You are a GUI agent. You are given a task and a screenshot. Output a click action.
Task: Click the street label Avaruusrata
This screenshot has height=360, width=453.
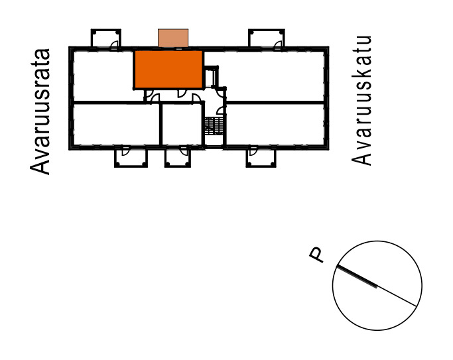[x=40, y=112]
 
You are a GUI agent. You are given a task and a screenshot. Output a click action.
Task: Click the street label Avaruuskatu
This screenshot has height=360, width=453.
[x=361, y=101]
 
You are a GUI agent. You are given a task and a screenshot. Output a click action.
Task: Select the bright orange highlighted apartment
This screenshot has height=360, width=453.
[x=168, y=70]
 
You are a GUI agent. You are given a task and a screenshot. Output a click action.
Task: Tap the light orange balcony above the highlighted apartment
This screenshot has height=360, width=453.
[x=173, y=38]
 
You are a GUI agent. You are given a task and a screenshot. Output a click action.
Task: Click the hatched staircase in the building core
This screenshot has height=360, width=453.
[x=214, y=126]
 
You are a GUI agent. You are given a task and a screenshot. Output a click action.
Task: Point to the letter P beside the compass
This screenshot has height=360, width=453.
[x=316, y=255]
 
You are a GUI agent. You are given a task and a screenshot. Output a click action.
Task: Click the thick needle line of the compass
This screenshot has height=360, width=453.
[x=357, y=276]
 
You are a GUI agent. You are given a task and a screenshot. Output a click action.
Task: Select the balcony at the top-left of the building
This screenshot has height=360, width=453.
[x=105, y=38]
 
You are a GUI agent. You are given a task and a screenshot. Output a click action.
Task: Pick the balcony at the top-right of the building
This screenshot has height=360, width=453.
[x=267, y=38]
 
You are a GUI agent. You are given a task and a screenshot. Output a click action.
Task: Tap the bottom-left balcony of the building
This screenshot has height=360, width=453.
[x=131, y=157]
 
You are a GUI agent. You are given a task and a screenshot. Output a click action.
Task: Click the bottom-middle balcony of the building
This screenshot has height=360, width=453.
[x=178, y=157]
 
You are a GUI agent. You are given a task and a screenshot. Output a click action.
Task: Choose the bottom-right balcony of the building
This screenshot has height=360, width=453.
[x=261, y=157]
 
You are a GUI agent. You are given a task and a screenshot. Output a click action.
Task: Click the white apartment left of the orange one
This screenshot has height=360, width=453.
[x=103, y=76]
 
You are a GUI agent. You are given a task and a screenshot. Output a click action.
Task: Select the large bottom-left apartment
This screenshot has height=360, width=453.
[x=116, y=124]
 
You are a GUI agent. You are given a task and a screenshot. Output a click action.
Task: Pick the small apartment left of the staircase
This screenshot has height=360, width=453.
[x=182, y=124]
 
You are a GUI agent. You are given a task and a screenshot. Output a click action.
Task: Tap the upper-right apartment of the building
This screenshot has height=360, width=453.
[x=275, y=76]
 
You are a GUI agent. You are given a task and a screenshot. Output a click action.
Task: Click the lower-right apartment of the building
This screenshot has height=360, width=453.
[x=275, y=124]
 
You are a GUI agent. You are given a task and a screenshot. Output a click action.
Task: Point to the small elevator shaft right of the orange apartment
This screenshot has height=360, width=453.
[x=210, y=77]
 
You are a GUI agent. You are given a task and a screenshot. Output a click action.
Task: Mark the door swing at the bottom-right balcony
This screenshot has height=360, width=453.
[x=253, y=150]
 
